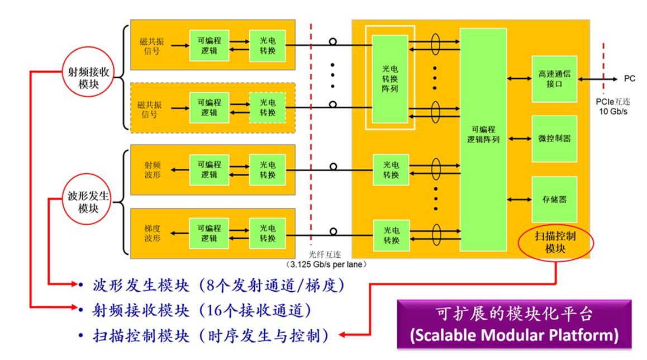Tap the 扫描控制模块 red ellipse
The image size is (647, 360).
tap(555, 243)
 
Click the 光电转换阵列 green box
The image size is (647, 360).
tap(390, 78)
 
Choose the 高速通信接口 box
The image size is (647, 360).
tap(554, 79)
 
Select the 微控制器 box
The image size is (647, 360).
tap(554, 138)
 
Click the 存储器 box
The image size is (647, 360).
tap(554, 198)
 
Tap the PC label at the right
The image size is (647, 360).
tap(629, 79)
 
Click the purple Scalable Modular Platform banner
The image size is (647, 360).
tap(514, 325)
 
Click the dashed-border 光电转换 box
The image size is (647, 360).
tap(268, 107)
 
